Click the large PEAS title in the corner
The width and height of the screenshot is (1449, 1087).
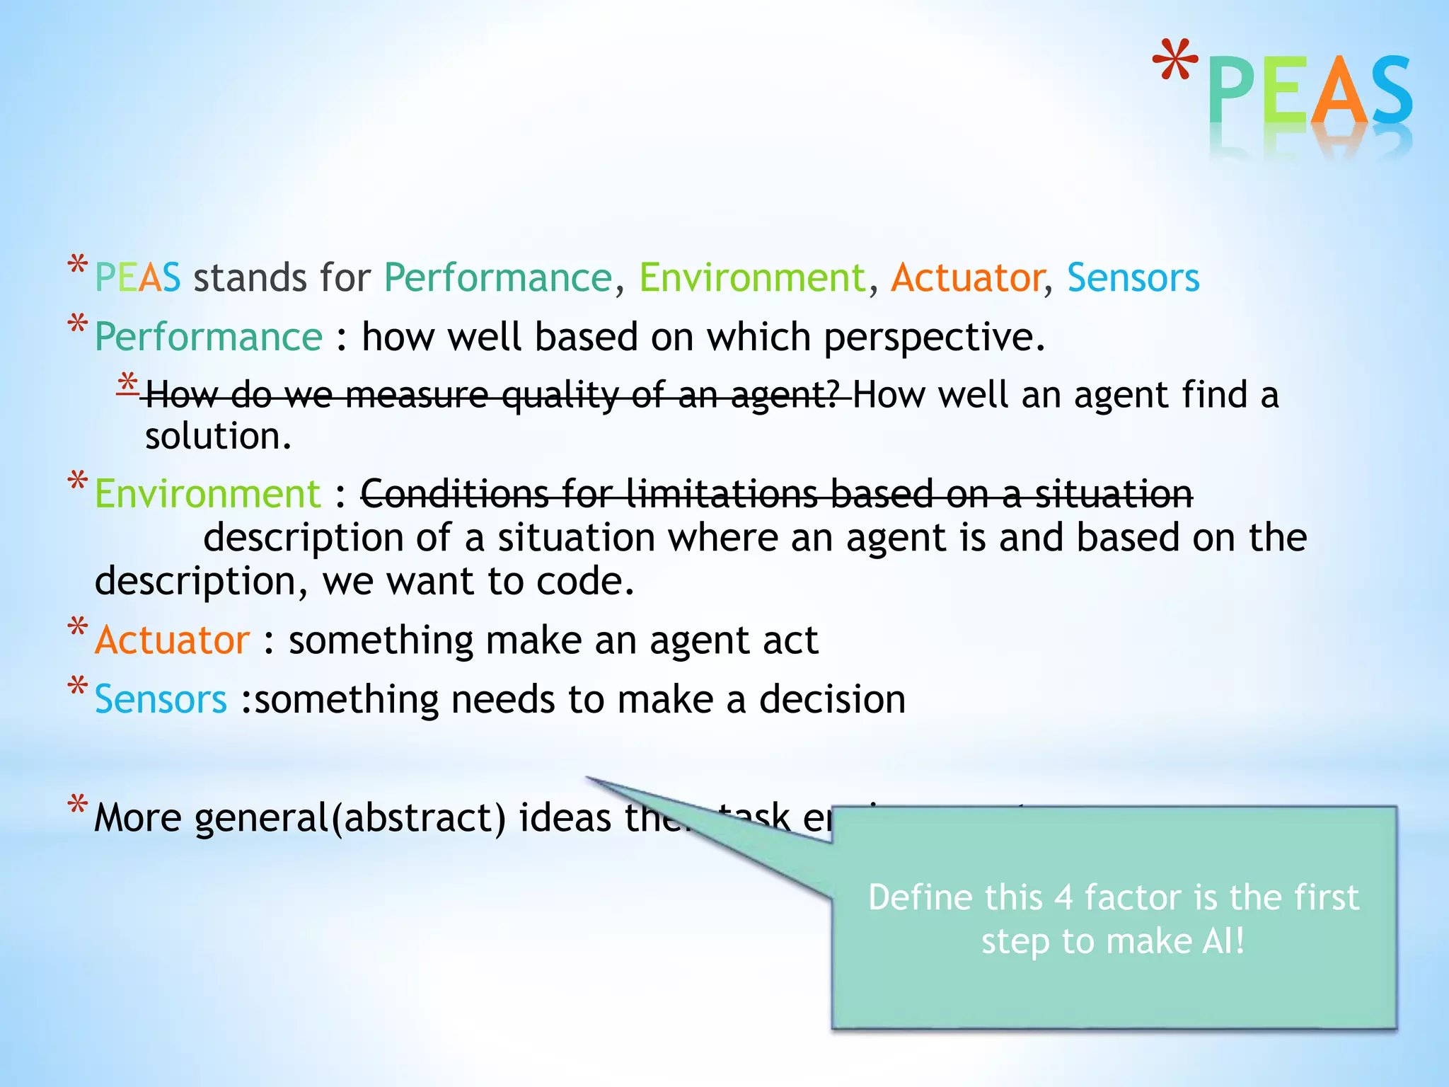tap(1310, 92)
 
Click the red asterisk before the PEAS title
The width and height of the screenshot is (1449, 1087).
tap(1175, 64)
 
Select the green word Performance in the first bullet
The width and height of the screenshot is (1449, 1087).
tap(497, 277)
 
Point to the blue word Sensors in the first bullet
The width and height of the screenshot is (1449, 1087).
tap(1133, 277)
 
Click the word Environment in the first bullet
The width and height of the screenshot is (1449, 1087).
tap(752, 277)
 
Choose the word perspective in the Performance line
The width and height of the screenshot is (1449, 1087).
tap(933, 338)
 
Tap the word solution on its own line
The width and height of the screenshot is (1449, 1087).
tap(217, 437)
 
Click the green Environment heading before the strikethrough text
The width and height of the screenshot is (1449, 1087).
tap(207, 493)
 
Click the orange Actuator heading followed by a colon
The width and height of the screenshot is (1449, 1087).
tap(172, 640)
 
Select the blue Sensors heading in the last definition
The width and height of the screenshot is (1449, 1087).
tap(161, 699)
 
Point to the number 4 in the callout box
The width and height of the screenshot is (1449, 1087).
tap(1063, 897)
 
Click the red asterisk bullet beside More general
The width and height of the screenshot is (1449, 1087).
tap(77, 805)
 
